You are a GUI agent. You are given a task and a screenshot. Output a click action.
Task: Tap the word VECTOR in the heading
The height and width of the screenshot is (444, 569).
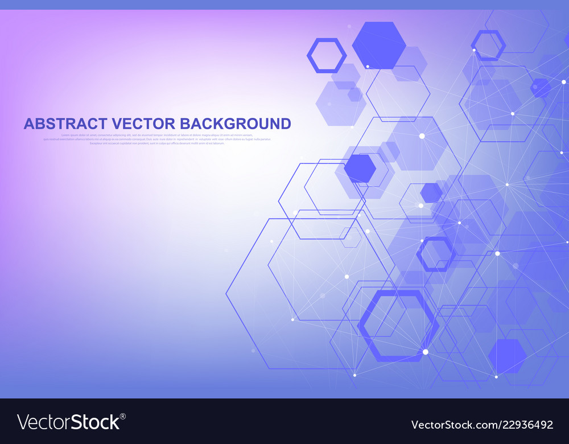click(x=144, y=124)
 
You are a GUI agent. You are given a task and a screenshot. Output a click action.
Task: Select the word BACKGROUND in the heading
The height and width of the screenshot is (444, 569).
click(x=236, y=124)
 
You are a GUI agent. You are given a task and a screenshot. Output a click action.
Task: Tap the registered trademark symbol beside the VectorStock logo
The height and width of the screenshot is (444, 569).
click(x=123, y=416)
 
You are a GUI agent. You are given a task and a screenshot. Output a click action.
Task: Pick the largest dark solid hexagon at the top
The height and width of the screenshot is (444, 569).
click(x=379, y=46)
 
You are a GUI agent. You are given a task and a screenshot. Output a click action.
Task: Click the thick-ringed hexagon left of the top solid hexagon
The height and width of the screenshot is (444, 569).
click(x=327, y=55)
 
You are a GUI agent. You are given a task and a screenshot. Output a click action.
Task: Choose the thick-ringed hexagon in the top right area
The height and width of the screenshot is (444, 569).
click(x=488, y=46)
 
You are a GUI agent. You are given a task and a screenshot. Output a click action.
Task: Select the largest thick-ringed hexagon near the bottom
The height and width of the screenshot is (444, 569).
click(x=398, y=325)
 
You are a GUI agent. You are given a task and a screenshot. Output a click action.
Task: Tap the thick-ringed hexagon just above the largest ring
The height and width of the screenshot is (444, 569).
click(x=436, y=254)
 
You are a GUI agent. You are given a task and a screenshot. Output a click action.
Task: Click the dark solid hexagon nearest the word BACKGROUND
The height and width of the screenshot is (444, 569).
click(x=360, y=168)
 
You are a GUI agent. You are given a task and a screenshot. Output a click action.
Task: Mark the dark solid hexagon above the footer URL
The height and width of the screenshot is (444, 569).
click(x=507, y=356)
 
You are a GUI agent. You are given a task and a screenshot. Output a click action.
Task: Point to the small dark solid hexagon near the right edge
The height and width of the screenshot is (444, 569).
click(x=540, y=88)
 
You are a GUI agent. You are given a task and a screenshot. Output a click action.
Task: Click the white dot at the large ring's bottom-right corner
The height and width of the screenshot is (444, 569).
click(x=425, y=352)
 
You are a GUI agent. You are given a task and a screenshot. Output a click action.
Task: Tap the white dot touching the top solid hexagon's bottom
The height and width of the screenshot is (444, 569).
click(x=368, y=67)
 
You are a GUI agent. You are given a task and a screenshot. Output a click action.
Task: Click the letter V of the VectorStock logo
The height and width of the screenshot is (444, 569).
click(x=24, y=422)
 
